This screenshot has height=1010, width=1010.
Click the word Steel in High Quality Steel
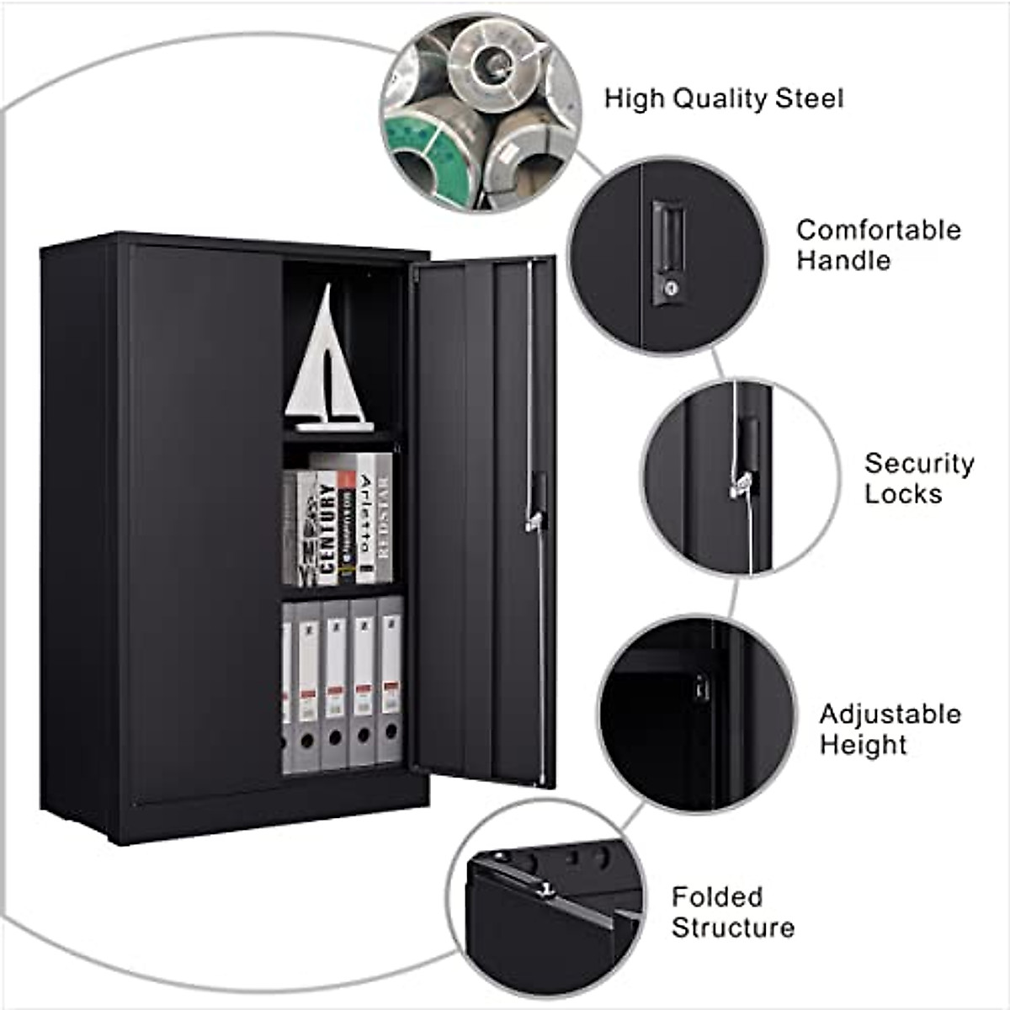810,98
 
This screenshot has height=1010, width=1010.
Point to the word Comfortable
879,230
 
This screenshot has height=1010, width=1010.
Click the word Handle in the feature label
843,260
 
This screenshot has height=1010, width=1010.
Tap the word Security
919,463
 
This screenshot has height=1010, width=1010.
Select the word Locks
903,493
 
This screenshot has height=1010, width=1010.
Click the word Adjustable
890,714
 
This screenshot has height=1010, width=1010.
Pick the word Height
864,744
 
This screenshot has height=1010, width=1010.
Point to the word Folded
717,897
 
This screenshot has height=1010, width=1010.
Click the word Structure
733,928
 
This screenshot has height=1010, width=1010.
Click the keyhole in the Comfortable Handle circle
671,288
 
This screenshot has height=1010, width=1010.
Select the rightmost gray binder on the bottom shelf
391,682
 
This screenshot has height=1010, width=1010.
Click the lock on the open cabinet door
536,505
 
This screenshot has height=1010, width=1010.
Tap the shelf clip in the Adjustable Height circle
699,688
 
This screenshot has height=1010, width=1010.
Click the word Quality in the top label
708,98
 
